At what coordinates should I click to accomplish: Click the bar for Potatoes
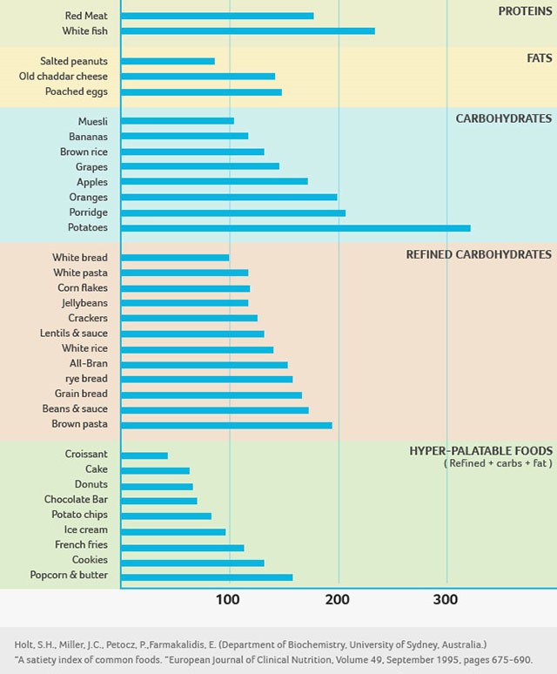[x=296, y=228]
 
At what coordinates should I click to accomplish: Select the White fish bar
[x=248, y=31]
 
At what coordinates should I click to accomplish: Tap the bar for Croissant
[x=144, y=455]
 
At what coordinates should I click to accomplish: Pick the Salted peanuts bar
[x=168, y=61]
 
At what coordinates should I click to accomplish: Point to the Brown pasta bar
[x=226, y=425]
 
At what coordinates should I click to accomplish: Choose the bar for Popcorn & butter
[x=207, y=576]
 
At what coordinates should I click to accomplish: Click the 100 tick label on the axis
[x=228, y=600]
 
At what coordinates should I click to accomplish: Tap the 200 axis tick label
[x=337, y=600]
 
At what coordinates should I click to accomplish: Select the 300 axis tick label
[x=446, y=600]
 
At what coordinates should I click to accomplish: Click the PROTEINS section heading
[x=525, y=11]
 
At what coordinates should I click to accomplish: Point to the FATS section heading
[x=539, y=58]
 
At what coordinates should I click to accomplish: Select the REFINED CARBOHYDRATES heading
[x=479, y=254]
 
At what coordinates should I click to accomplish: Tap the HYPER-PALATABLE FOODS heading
[x=480, y=451]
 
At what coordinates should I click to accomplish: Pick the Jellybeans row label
[x=84, y=303]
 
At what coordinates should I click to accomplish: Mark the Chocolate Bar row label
[x=76, y=500]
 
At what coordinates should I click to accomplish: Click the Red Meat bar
[x=218, y=16]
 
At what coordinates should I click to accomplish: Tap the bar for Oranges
[x=229, y=198]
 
